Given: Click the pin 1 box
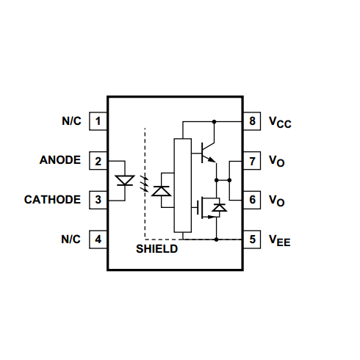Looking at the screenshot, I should (x=98, y=120).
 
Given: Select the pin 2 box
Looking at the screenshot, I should (x=98, y=160).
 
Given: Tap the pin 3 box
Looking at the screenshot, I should (x=98, y=199).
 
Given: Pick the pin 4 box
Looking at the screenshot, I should (x=98, y=239).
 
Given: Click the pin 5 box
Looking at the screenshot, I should (x=252, y=239).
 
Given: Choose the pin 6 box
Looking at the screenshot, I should (x=252, y=199).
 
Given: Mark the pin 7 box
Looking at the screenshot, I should (x=252, y=160).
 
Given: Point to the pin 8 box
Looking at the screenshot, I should (x=252, y=120).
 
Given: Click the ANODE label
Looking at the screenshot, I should (x=60, y=160).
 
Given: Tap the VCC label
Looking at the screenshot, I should (x=280, y=122).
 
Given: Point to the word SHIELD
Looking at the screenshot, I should (x=156, y=249).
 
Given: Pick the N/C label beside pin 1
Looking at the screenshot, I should (x=71, y=120).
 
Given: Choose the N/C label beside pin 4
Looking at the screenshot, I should (x=71, y=239).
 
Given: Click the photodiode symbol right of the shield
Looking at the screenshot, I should (x=162, y=191).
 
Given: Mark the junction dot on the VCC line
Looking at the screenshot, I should (x=214, y=120).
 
